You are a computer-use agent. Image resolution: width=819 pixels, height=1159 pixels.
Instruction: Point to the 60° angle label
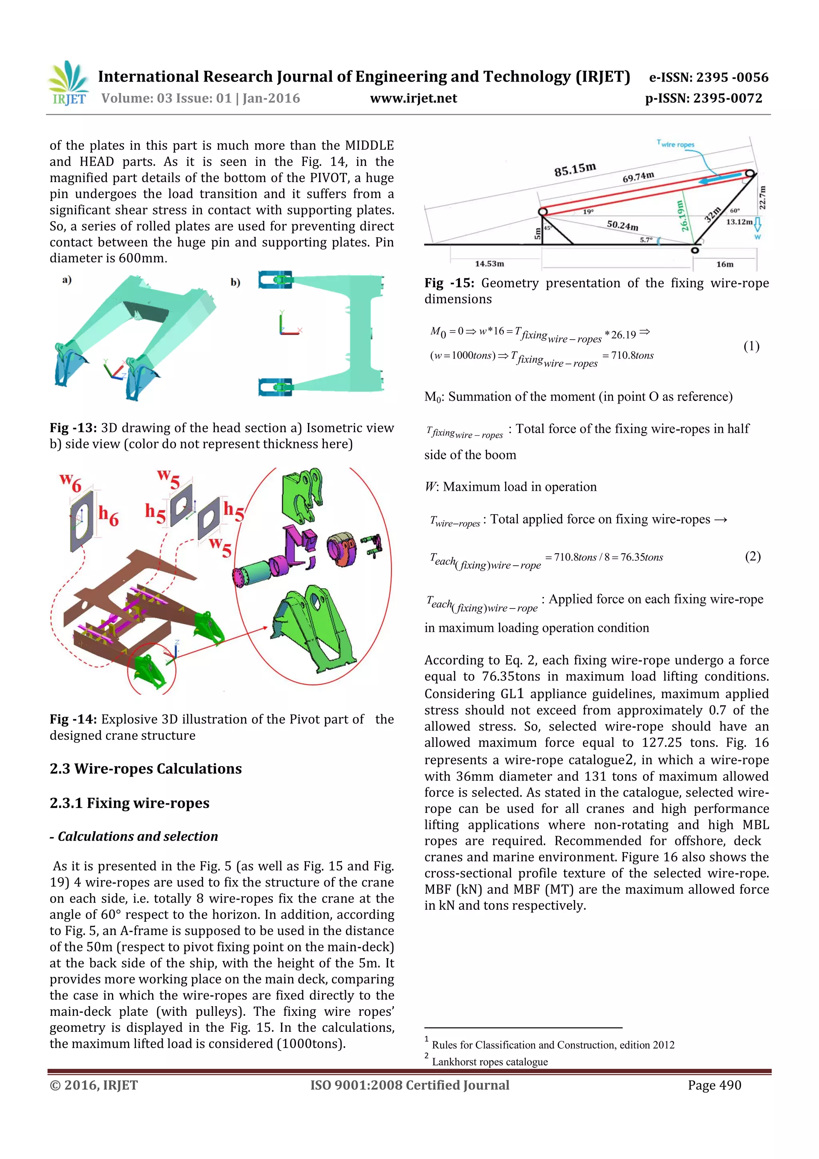point(735,210)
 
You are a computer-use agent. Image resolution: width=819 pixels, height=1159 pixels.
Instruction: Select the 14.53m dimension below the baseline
point(489,264)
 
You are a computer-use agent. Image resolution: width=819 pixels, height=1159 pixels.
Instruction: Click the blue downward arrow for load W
point(757,224)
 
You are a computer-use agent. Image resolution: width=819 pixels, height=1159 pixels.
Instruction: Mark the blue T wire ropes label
point(676,144)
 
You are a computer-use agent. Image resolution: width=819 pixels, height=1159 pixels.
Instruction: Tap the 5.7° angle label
point(646,240)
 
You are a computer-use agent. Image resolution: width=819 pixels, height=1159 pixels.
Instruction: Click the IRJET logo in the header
point(69,83)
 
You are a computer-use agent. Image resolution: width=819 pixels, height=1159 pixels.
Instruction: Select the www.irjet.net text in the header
point(413,98)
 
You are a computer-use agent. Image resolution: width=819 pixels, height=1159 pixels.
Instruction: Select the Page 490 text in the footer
point(714,1085)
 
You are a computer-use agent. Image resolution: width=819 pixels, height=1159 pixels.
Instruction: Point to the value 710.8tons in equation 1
point(632,355)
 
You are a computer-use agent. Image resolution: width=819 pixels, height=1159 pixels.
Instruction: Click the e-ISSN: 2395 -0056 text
point(709,77)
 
